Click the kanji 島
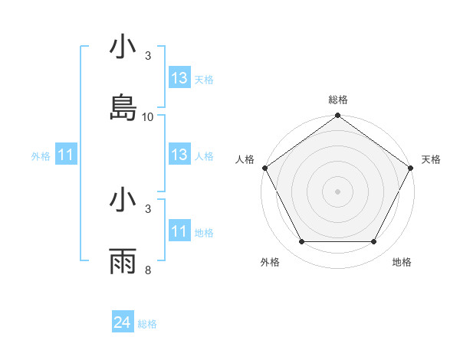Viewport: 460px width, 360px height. (x=123, y=108)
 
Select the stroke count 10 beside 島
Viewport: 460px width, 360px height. (x=148, y=117)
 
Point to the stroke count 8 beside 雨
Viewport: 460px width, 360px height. (x=148, y=270)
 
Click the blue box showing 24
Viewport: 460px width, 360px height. (x=123, y=323)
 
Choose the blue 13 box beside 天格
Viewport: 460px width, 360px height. (x=179, y=78)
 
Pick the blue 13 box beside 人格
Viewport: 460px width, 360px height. (x=179, y=155)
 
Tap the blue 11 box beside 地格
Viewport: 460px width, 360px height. (x=179, y=232)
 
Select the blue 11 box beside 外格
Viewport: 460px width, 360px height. (x=66, y=155)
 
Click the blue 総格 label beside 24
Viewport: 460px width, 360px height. (x=147, y=324)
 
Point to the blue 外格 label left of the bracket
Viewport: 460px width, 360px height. (x=41, y=156)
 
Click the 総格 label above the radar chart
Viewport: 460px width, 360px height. (x=338, y=100)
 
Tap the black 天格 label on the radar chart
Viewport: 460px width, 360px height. (x=431, y=159)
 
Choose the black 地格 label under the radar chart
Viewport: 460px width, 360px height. (x=402, y=263)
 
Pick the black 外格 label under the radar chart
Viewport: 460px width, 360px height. (x=270, y=263)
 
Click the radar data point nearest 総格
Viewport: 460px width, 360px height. (x=338, y=116)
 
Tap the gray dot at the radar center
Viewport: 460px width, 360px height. (x=338, y=191)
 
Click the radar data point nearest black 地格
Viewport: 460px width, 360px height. (x=374, y=242)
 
